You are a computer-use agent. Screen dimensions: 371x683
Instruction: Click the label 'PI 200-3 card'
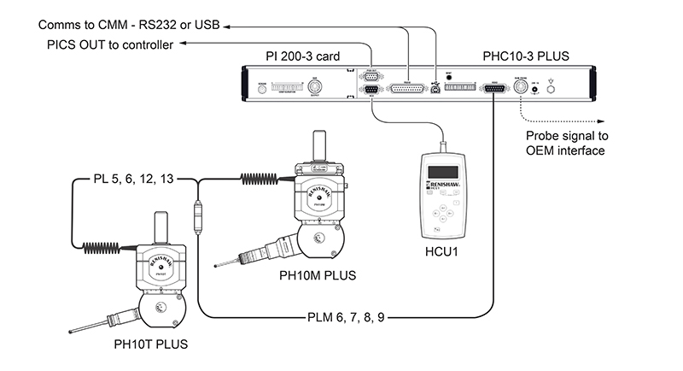click(x=303, y=56)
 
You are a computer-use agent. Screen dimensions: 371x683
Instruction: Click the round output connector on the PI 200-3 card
click(x=314, y=87)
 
